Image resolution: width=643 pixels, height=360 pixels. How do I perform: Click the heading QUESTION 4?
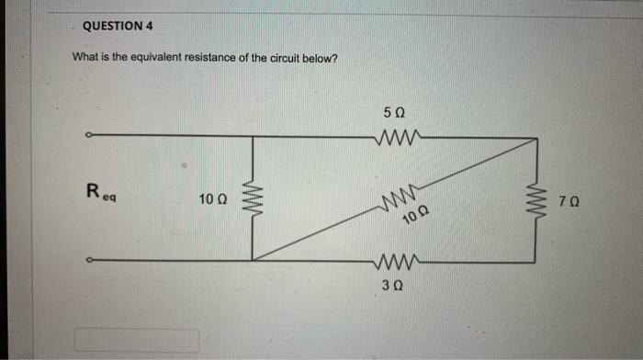(x=118, y=26)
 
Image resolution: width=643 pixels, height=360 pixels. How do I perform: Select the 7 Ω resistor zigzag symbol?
(x=536, y=198)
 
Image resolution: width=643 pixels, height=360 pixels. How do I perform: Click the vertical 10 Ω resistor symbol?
(x=253, y=197)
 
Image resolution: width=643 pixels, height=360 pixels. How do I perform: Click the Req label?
(x=96, y=194)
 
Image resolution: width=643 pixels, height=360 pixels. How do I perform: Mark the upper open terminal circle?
(x=88, y=139)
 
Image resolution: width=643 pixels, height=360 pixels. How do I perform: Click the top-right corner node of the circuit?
(x=536, y=139)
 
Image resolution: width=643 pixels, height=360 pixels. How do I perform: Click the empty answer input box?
(x=137, y=341)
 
